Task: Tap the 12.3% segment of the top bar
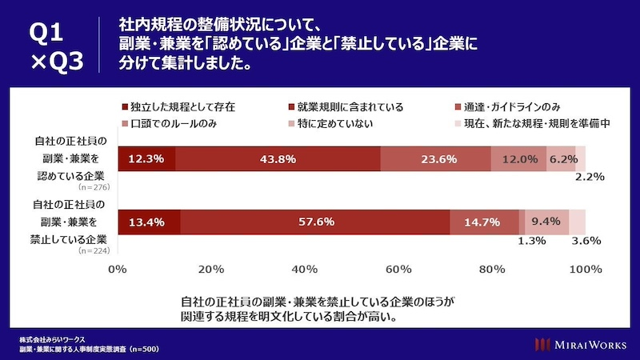(x=146, y=159)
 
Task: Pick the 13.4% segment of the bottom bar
(x=149, y=222)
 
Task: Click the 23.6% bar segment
(x=437, y=159)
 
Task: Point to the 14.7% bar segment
(x=483, y=222)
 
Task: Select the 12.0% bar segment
(x=519, y=159)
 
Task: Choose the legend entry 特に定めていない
(x=336, y=124)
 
